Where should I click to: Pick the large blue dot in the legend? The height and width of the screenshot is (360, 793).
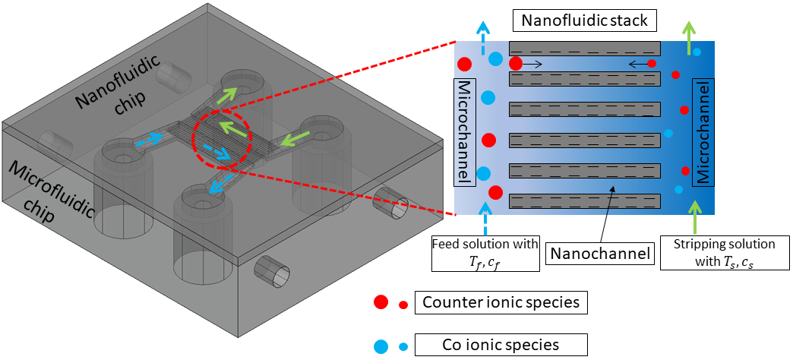[x=381, y=345]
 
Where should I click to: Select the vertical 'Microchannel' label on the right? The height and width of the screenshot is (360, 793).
[x=703, y=131]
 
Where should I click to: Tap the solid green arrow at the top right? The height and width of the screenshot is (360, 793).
[x=690, y=38]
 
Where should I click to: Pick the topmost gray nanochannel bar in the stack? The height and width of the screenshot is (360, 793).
[x=584, y=48]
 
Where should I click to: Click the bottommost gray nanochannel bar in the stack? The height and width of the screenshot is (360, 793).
[x=584, y=201]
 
